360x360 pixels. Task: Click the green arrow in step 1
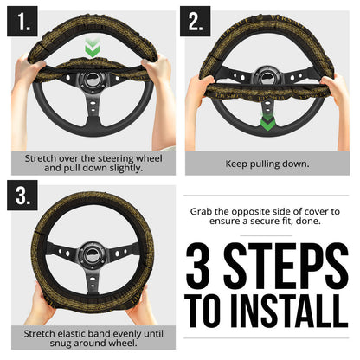point(92,50)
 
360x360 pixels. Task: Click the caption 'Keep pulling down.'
point(269,162)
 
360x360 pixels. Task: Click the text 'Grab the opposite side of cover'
point(268,217)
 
